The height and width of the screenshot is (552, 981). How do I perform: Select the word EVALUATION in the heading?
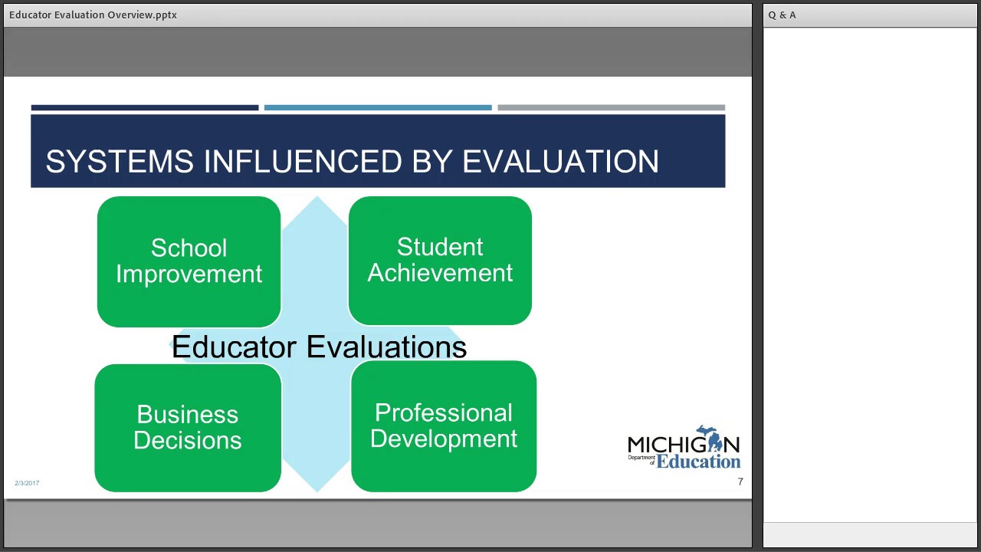pyautogui.click(x=560, y=162)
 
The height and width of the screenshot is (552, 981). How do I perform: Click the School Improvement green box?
pyautogui.click(x=189, y=261)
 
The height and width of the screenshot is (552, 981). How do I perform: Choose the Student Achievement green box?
pyautogui.click(x=440, y=260)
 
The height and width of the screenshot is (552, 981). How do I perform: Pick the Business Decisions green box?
pyautogui.click(x=188, y=427)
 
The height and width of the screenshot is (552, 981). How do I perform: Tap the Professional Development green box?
pyautogui.click(x=444, y=426)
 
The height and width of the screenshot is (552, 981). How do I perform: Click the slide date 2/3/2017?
pyautogui.click(x=27, y=483)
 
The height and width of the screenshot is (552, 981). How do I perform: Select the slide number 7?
pyautogui.click(x=740, y=482)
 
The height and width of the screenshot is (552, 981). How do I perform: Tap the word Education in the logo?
pyautogui.click(x=698, y=462)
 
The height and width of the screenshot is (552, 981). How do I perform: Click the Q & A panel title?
pyautogui.click(x=782, y=15)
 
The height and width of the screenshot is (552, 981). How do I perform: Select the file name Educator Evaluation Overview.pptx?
pyautogui.click(x=93, y=15)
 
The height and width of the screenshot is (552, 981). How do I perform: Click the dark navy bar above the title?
pyautogui.click(x=145, y=108)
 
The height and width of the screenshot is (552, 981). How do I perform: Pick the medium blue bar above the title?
pyautogui.click(x=378, y=108)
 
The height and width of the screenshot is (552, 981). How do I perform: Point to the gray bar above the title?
pyautogui.click(x=611, y=108)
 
